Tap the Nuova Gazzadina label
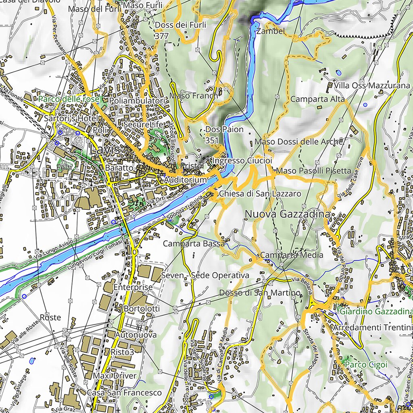point(287,214)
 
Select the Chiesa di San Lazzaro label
point(260,194)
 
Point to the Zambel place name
point(271,31)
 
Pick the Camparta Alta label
point(317,99)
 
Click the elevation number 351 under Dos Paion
point(212,140)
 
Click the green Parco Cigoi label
point(365,364)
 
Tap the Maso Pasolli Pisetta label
point(314,171)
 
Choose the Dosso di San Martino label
point(260,292)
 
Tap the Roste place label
point(50,317)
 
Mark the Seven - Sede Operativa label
point(205,275)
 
